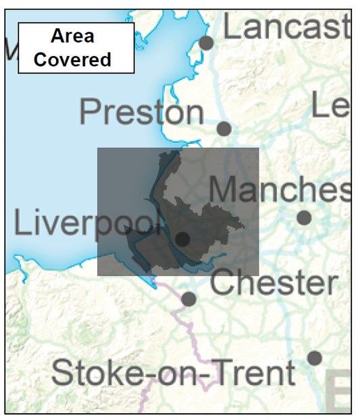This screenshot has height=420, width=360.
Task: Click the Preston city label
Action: click(x=141, y=112)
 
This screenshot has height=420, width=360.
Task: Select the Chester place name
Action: click(x=274, y=284)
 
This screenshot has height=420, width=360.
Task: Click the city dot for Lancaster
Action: click(x=206, y=43)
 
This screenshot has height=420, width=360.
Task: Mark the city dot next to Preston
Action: click(x=224, y=128)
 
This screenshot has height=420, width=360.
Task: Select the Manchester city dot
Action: click(x=304, y=217)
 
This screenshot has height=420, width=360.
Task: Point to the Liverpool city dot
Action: click(x=182, y=238)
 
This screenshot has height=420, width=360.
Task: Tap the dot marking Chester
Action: click(x=189, y=298)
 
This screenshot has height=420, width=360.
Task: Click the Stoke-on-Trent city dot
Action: click(x=314, y=358)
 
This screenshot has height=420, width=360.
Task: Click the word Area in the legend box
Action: click(x=72, y=36)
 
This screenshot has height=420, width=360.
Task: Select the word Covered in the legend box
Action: click(x=72, y=59)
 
